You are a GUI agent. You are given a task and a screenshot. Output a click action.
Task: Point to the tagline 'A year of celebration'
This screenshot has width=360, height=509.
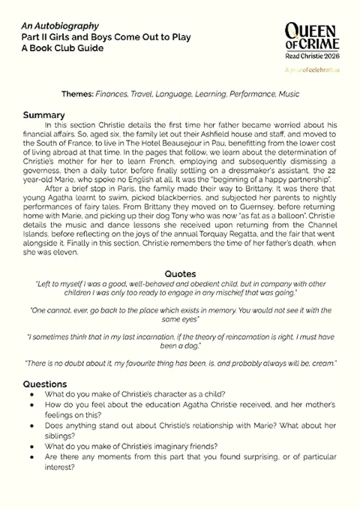(312, 70)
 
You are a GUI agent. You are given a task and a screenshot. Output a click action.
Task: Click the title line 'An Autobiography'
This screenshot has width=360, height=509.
(51, 26)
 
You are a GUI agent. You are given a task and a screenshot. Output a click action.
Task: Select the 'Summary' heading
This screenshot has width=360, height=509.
(43, 115)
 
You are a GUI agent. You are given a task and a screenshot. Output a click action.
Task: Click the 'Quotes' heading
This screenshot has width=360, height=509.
(179, 274)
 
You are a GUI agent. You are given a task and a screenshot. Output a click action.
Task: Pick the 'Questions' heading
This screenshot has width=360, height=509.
(45, 384)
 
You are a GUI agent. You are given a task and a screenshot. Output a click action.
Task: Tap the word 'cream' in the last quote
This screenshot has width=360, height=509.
(317, 364)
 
